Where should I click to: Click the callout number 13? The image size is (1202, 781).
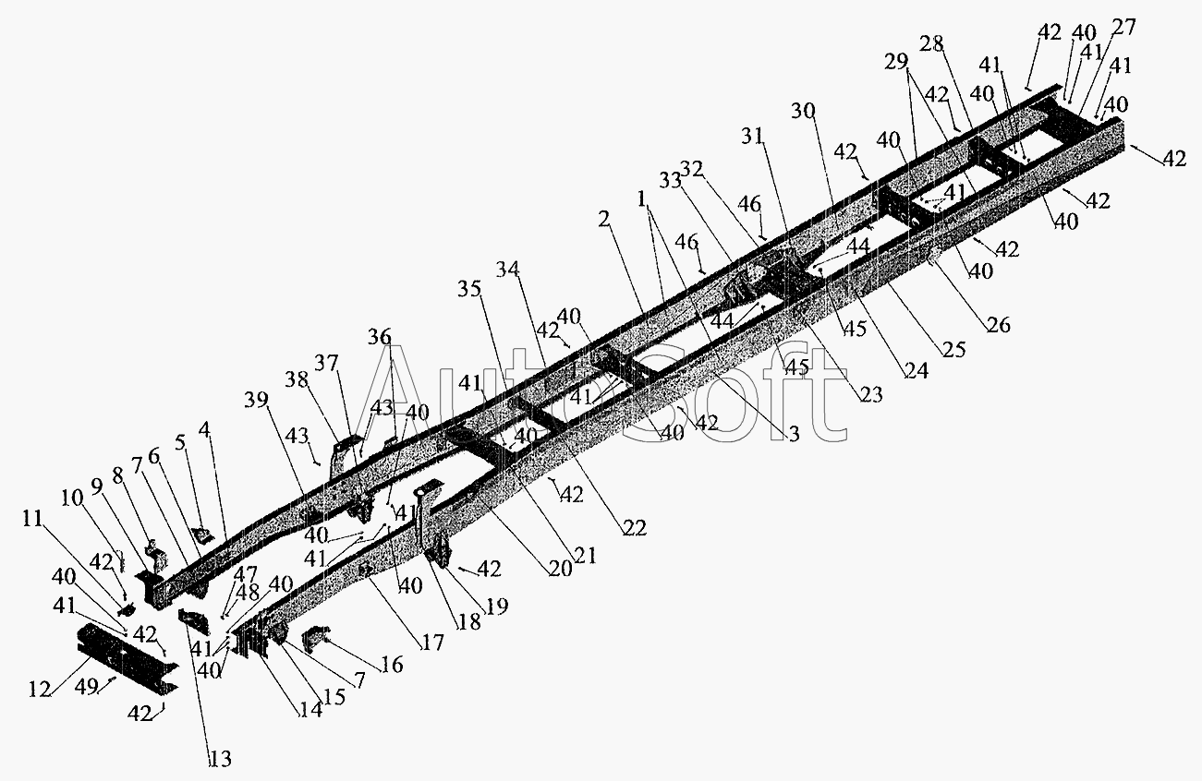(x=220, y=759)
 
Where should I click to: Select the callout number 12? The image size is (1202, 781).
(x=40, y=689)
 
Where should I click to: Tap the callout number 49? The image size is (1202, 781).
(x=87, y=687)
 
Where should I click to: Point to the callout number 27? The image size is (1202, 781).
(x=1123, y=27)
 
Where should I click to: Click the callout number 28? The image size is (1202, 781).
(x=931, y=43)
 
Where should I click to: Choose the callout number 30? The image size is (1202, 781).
(x=803, y=111)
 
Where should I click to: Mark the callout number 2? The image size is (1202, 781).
(x=604, y=219)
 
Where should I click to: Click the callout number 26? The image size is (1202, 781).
(x=999, y=324)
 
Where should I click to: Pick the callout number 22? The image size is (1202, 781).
(x=635, y=528)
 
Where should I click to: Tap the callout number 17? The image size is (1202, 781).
(x=432, y=642)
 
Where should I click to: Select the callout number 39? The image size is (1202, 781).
(x=256, y=400)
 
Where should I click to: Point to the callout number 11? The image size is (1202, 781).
(x=32, y=519)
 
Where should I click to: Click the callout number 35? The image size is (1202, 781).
(x=469, y=289)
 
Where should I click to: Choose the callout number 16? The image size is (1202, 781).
(x=392, y=665)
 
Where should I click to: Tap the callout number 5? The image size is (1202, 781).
(x=180, y=443)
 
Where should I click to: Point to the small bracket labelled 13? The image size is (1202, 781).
(x=193, y=621)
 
